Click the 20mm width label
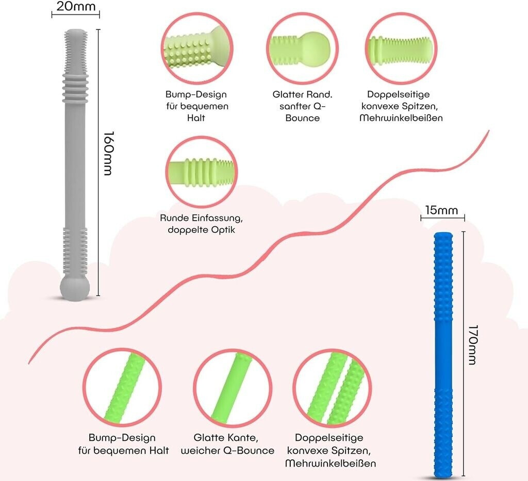[76, 6]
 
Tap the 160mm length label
[108, 153]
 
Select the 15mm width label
[441, 210]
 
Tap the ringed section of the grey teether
[75, 88]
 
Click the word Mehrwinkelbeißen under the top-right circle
[401, 118]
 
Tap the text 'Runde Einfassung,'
[202, 218]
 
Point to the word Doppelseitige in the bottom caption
[329, 438]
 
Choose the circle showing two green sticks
[333, 388]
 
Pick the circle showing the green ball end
[302, 48]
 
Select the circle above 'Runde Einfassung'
[202, 172]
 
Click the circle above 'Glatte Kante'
[233, 388]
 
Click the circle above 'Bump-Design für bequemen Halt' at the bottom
[122, 387]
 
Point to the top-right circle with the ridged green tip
[401, 48]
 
